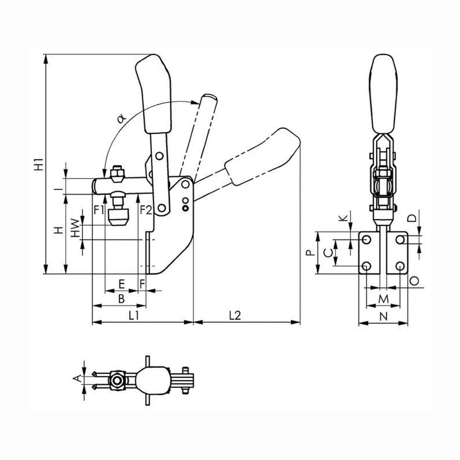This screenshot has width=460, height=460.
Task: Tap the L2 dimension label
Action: point(235,316)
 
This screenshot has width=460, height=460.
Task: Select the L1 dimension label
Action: point(133,316)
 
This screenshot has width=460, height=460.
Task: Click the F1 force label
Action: point(99,210)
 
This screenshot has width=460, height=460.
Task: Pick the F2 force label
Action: point(146,210)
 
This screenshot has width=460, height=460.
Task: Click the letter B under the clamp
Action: point(121,299)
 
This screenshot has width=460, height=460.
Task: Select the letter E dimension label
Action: point(121,284)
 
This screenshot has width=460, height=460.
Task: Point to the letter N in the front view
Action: point(384,316)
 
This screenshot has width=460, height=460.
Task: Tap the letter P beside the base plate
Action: point(311,253)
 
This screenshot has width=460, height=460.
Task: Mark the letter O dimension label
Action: point(414,280)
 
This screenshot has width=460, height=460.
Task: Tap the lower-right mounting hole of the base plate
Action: point(400,266)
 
